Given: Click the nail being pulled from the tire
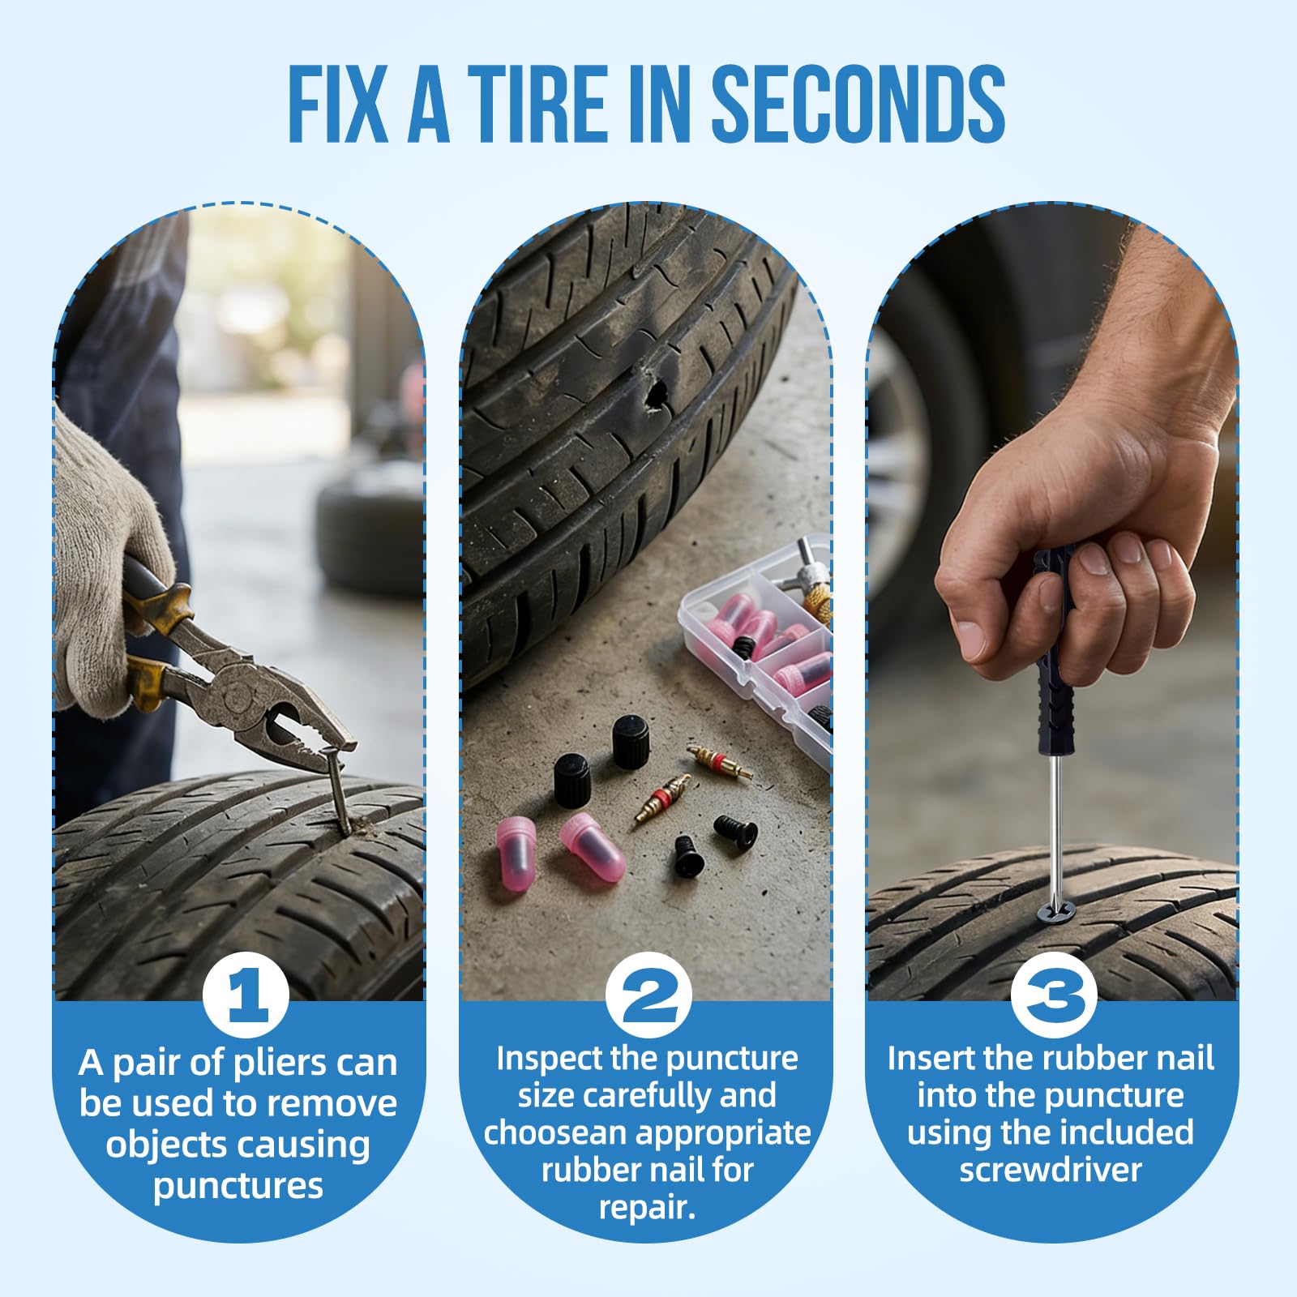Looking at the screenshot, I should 338,790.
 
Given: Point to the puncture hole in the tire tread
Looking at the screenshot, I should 654,394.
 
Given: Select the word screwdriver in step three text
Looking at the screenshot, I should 1051,1170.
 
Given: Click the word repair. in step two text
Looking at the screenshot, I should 647,1207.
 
